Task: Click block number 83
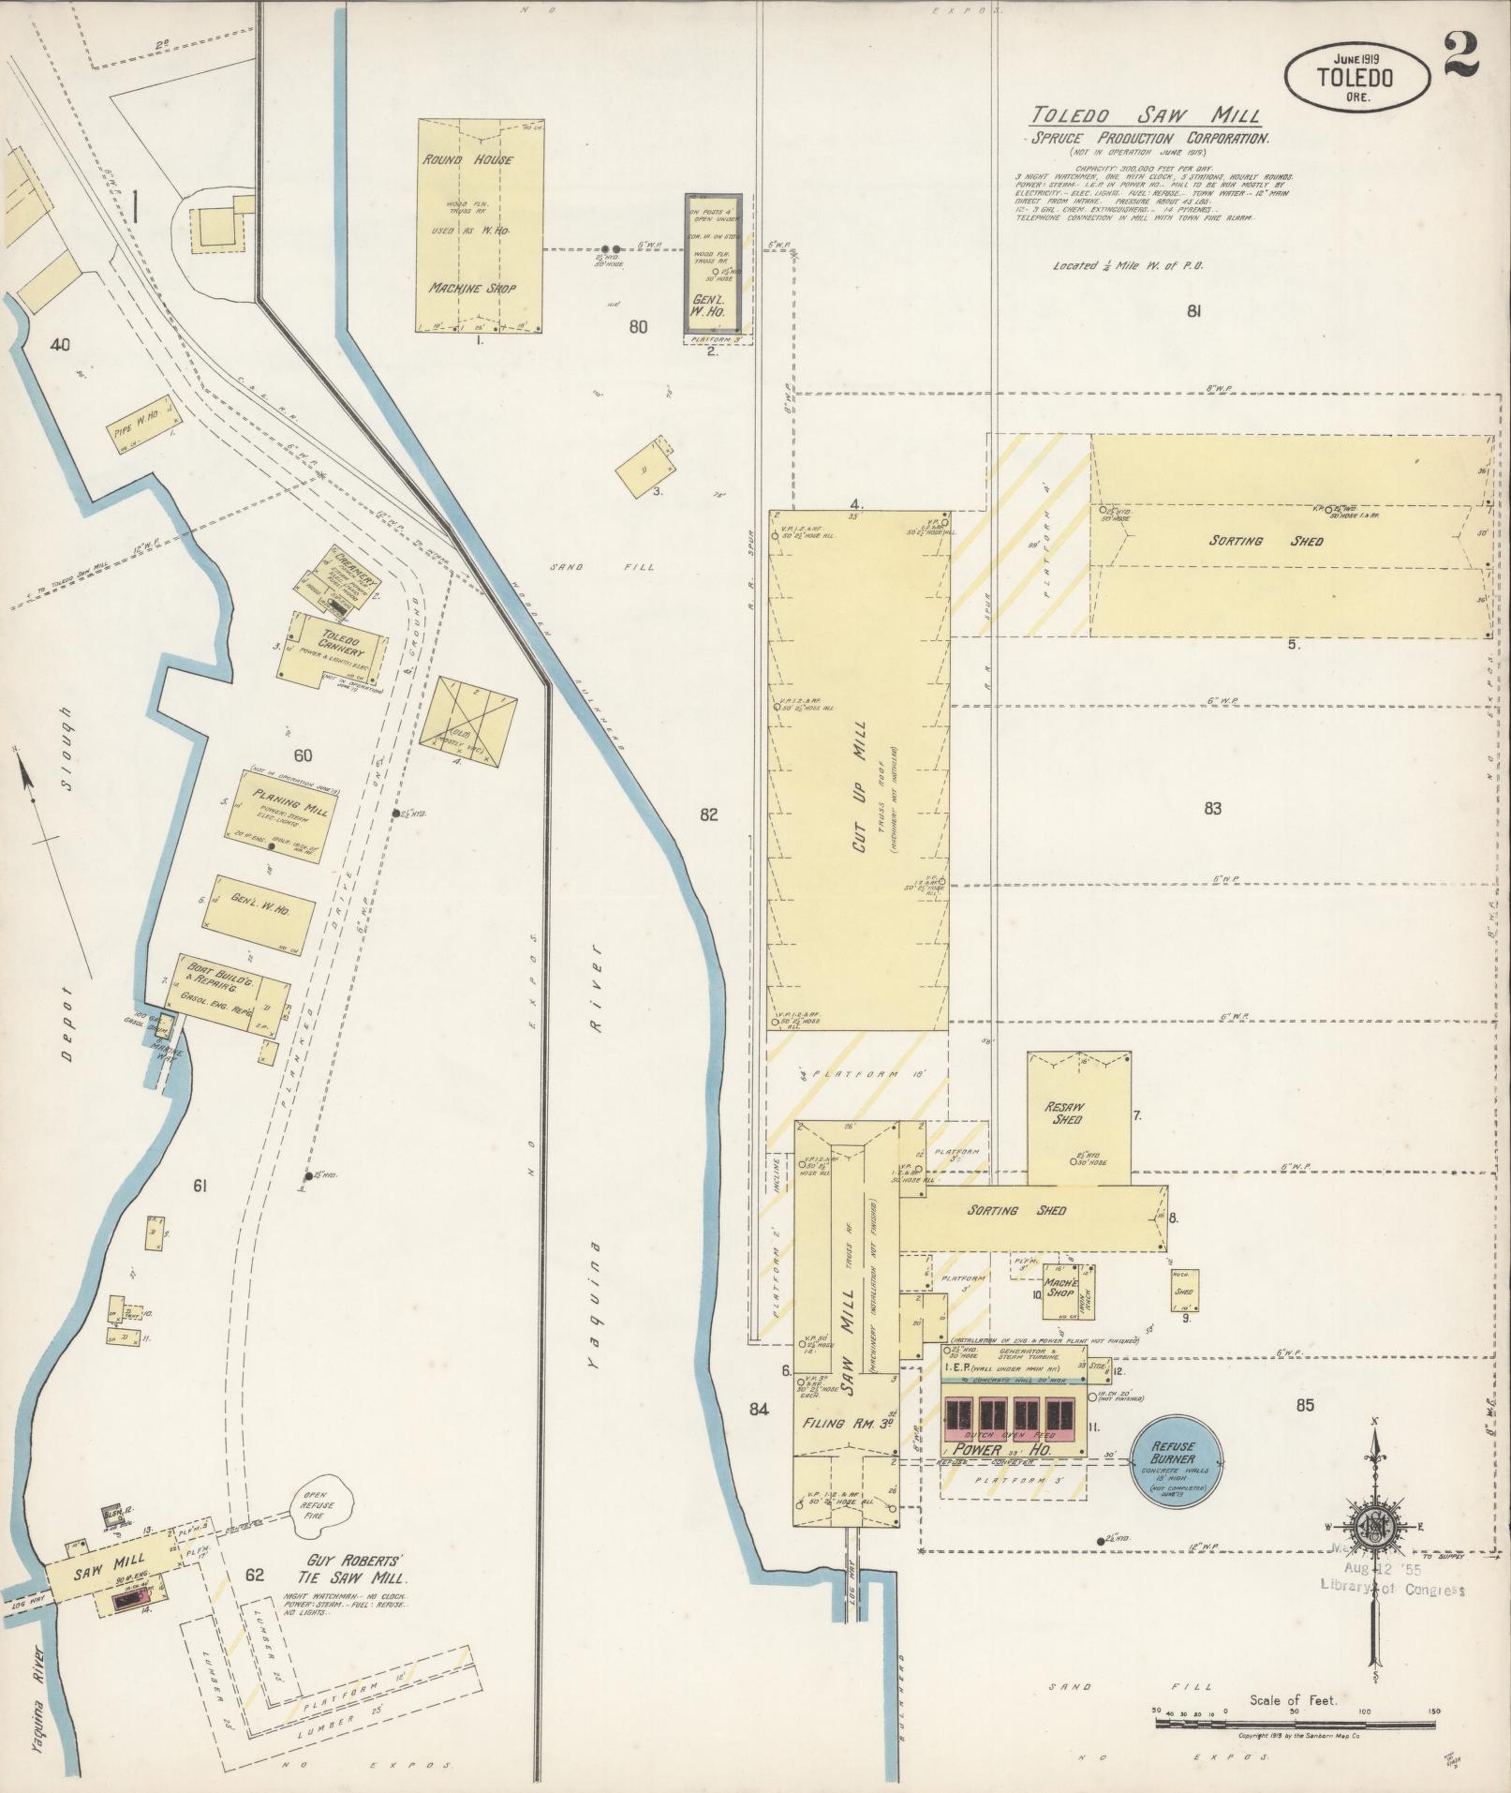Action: [x=1212, y=809]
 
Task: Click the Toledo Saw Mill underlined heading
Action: [x=1145, y=116]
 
